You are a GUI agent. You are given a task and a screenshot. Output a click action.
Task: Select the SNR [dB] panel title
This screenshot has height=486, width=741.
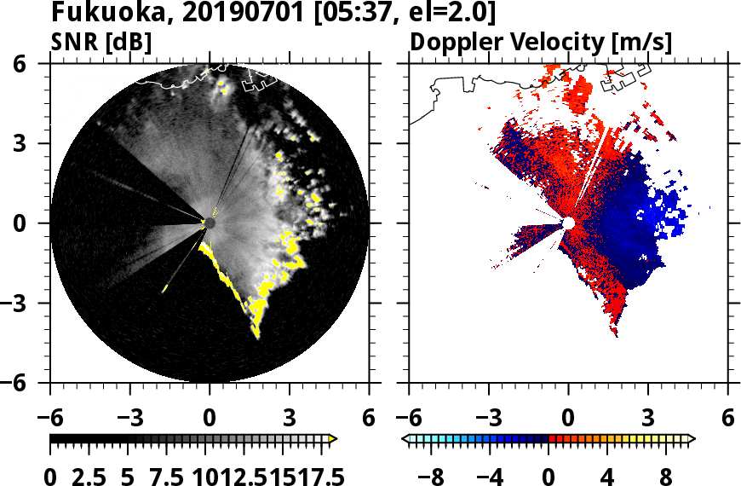[x=101, y=41]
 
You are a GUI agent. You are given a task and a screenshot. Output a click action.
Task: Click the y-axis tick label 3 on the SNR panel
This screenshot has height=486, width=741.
[x=32, y=143]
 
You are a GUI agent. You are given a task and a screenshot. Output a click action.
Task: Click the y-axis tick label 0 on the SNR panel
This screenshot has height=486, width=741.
[x=32, y=223]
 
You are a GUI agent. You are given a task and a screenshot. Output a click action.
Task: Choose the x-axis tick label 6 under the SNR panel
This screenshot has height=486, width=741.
[x=369, y=419]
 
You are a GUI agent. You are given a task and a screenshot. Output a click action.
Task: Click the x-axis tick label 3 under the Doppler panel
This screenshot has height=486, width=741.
[x=648, y=419]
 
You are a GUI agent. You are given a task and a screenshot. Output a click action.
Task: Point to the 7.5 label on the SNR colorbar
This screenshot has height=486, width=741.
[x=157, y=477]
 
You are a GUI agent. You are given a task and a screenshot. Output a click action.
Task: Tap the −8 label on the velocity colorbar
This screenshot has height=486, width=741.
[x=436, y=477]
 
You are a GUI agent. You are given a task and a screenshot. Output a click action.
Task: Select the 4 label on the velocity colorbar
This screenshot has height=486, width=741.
[x=606, y=477]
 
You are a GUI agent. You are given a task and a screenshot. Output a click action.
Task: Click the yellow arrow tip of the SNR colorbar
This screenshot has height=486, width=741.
[x=333, y=439]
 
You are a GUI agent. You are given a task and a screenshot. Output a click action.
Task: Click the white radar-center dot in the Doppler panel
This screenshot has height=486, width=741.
[x=568, y=223]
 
